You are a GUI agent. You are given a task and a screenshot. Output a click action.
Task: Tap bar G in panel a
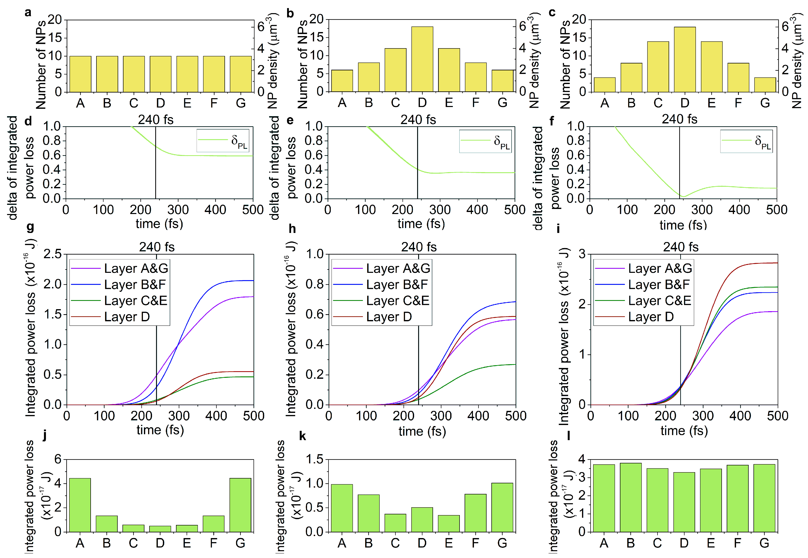241,74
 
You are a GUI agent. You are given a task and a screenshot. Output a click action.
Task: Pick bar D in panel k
422,520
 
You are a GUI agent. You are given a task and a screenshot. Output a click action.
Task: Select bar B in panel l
631,497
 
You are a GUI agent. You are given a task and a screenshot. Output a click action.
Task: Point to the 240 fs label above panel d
156,120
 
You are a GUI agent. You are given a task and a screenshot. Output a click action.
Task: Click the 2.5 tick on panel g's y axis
53,254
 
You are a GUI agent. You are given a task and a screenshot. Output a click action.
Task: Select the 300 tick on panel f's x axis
702,210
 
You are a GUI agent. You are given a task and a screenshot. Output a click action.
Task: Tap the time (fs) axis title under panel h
422,431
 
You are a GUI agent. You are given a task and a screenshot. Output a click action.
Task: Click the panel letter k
302,436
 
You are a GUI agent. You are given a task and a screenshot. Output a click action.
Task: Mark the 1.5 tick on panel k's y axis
314,459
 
